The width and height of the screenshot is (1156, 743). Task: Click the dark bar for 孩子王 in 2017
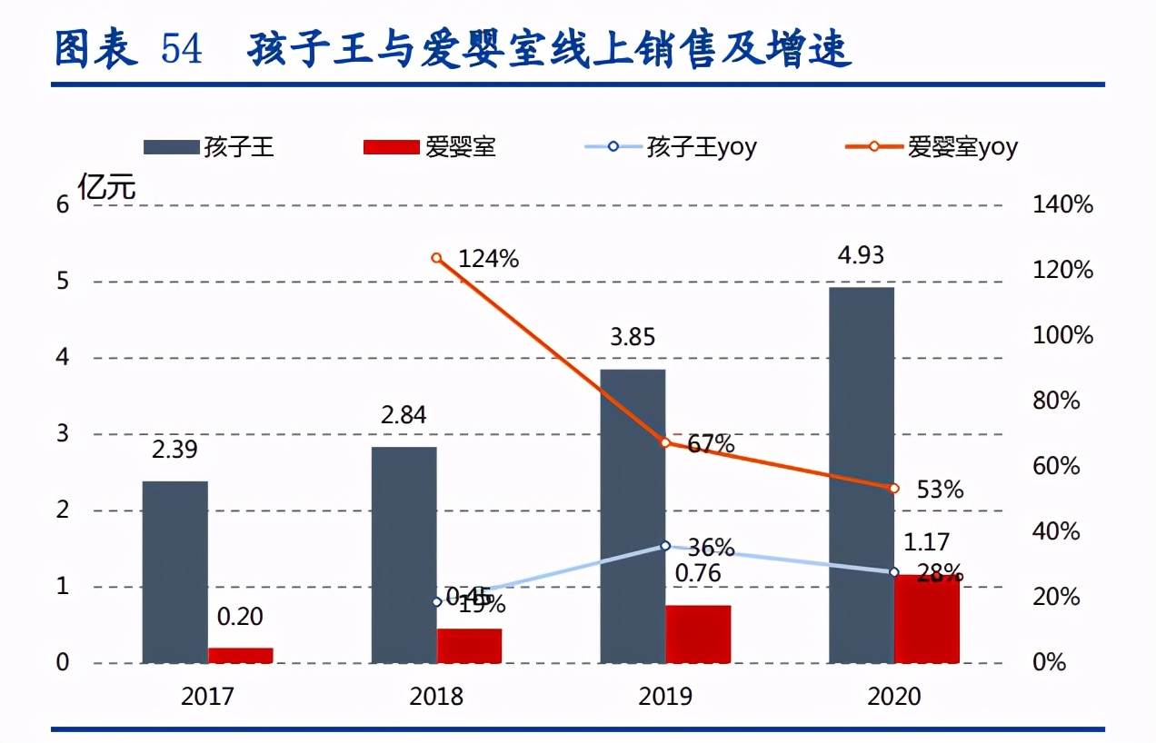click(x=174, y=572)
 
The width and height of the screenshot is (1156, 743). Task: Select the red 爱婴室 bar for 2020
click(x=927, y=619)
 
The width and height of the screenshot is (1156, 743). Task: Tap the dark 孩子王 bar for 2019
click(x=633, y=516)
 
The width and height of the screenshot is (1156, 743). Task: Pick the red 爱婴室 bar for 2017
click(x=240, y=655)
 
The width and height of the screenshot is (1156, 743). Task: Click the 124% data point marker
click(x=436, y=258)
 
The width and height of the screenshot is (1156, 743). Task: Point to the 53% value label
click(x=941, y=490)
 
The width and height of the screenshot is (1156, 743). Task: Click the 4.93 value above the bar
click(x=860, y=255)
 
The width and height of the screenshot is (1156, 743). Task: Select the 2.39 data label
click(x=174, y=450)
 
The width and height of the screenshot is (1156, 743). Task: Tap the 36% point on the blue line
click(x=665, y=546)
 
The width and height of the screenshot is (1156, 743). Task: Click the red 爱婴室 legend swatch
click(x=391, y=146)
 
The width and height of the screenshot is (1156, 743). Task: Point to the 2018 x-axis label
click(x=436, y=697)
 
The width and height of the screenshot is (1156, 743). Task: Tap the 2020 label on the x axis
click(x=894, y=697)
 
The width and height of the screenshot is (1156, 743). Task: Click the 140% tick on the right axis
click(x=1062, y=205)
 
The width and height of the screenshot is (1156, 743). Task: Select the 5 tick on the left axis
click(x=62, y=282)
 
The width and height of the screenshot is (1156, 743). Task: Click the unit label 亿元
click(x=106, y=188)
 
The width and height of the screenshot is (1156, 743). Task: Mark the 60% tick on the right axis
click(x=1062, y=467)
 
